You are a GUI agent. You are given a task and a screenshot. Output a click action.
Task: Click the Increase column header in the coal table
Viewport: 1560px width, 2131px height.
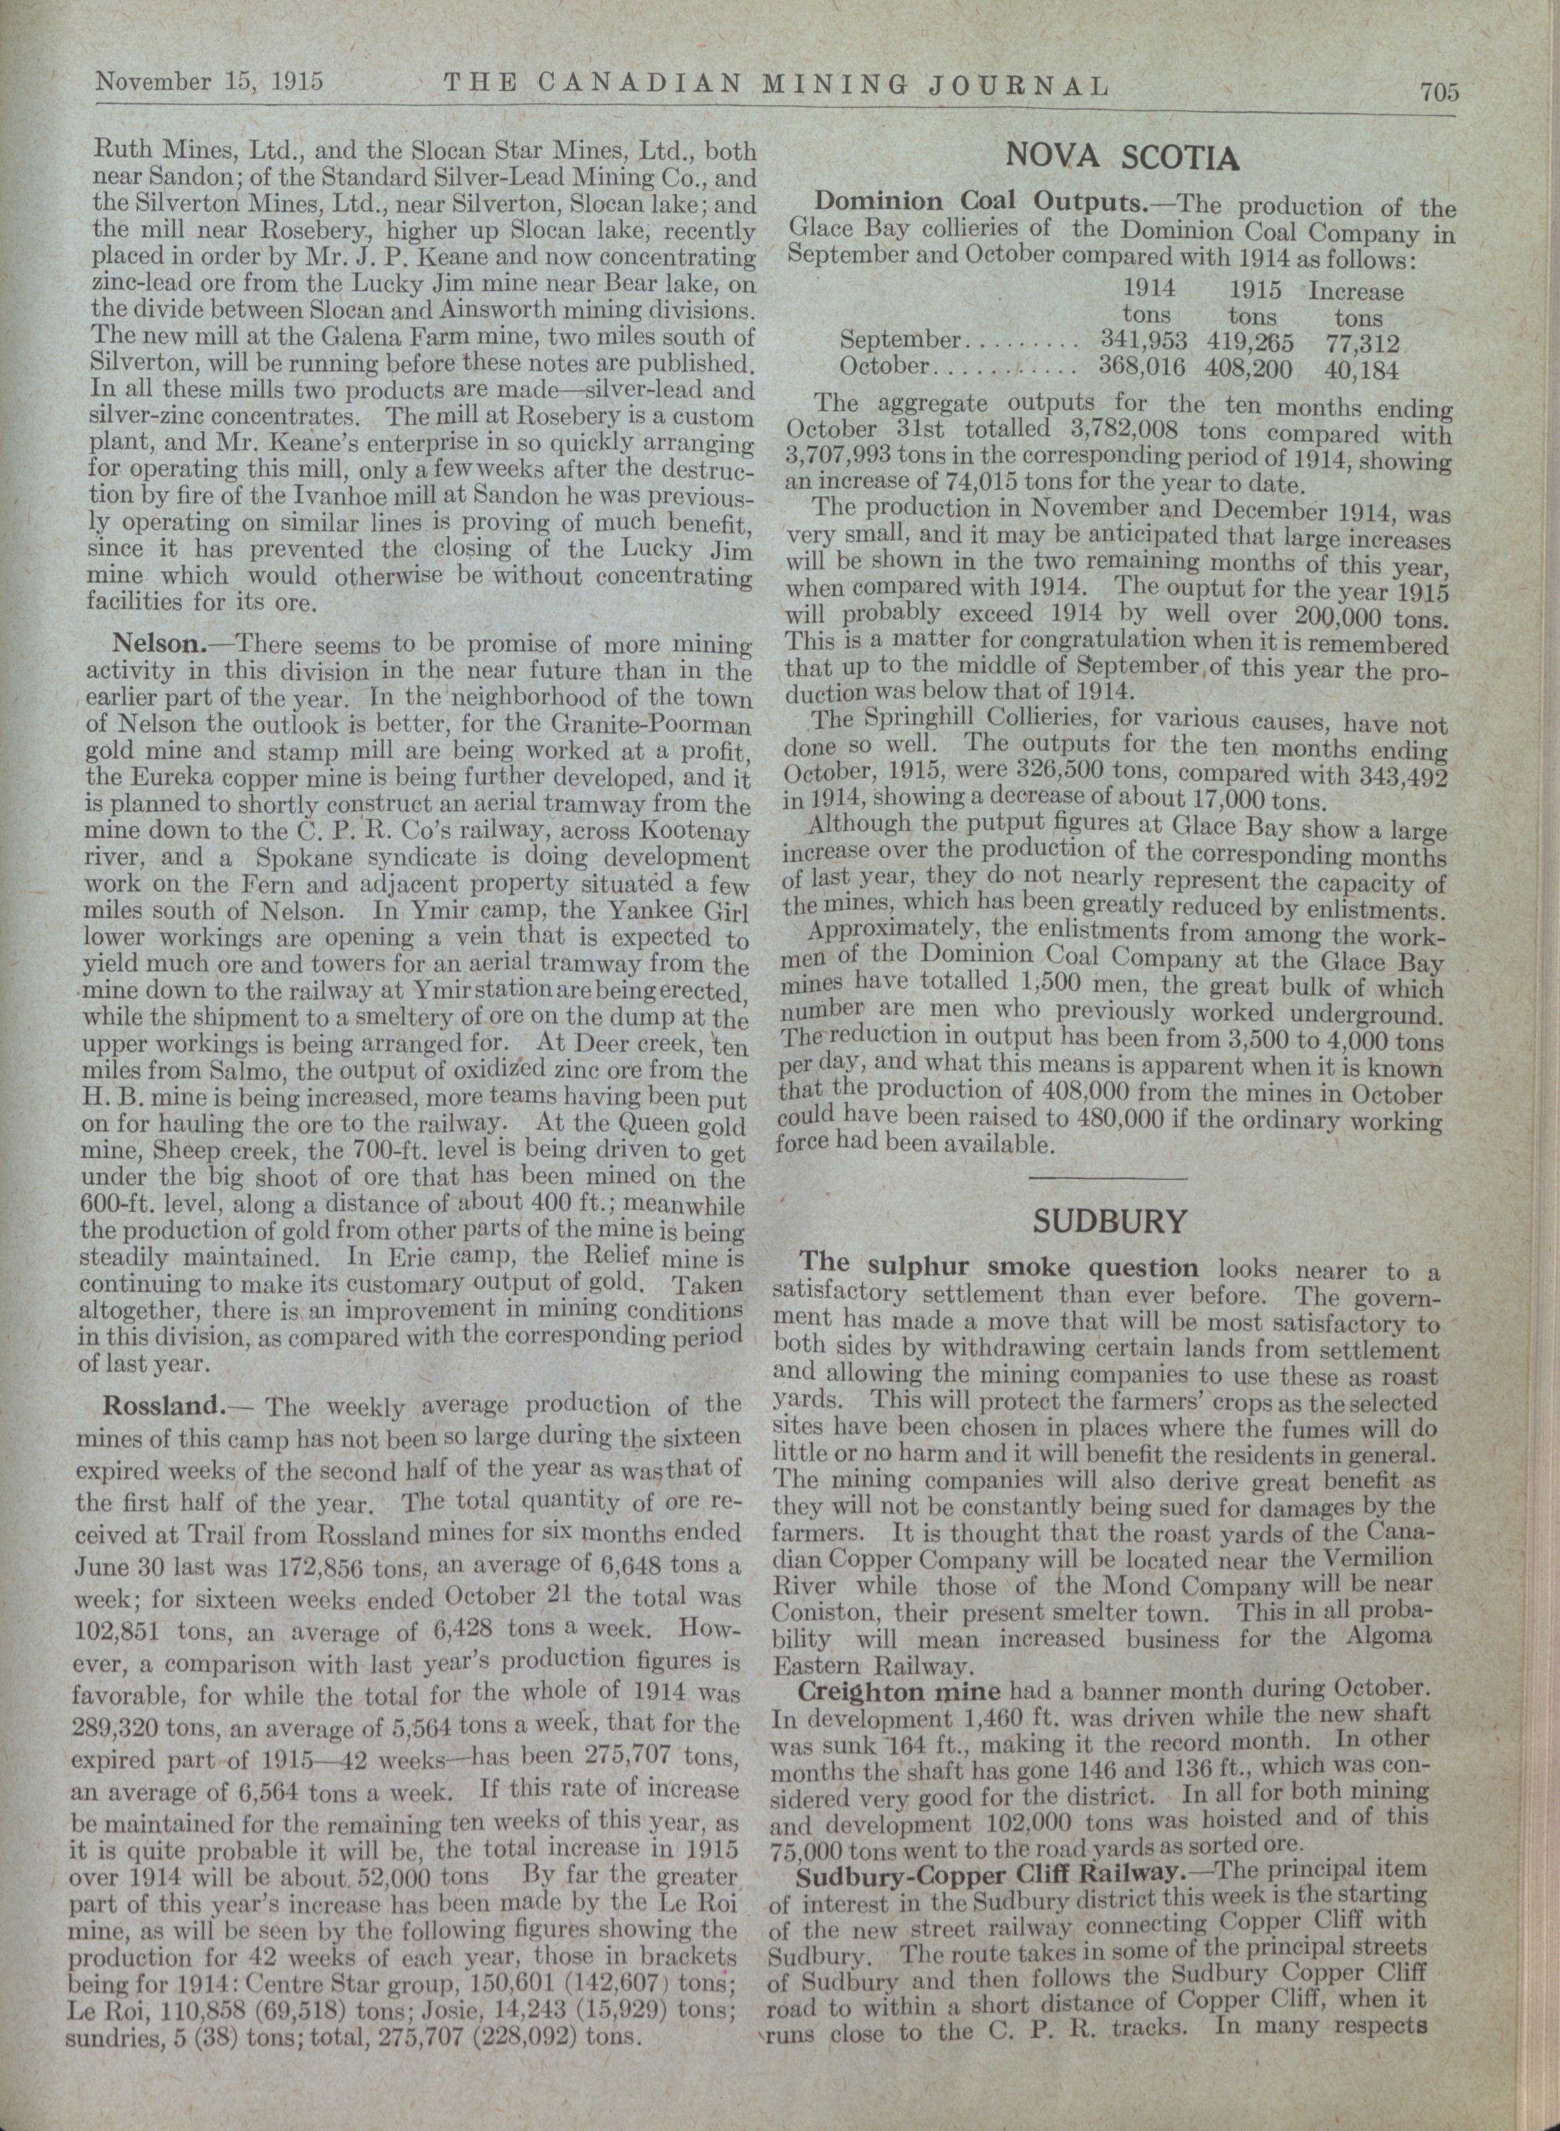1355,292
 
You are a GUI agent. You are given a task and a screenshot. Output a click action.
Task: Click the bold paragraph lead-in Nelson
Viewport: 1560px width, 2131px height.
157,645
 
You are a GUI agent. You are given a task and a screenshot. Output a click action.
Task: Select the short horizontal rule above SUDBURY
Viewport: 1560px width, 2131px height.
1107,1179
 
